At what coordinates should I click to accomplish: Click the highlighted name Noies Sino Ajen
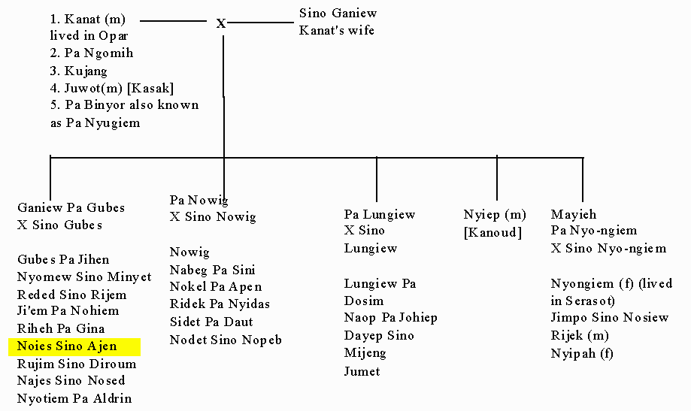[x=67, y=346]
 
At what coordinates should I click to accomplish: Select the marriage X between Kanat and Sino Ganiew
[x=221, y=23]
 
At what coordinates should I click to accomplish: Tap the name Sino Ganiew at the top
[x=338, y=14]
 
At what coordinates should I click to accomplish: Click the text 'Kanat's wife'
[x=337, y=30]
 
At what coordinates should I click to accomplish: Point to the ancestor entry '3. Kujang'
[x=78, y=71]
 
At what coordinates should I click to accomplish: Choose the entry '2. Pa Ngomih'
[x=91, y=53]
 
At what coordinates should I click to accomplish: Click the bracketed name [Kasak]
[x=150, y=88]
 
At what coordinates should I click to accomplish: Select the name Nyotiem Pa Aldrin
[x=74, y=398]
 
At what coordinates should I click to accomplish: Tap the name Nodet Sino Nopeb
[x=226, y=340]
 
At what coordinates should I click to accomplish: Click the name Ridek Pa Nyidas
[x=220, y=304]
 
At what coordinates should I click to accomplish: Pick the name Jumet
[x=362, y=371]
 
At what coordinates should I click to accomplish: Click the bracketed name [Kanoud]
[x=492, y=232]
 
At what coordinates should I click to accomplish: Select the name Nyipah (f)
[x=582, y=353]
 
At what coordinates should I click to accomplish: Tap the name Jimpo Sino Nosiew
[x=610, y=318]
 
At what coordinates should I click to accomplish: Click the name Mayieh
[x=574, y=215]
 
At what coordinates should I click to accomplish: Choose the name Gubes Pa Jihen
[x=63, y=259]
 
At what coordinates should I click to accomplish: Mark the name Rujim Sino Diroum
[x=77, y=364]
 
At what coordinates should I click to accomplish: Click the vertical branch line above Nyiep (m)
[x=497, y=178]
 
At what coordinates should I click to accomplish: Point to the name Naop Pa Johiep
[x=390, y=318]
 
